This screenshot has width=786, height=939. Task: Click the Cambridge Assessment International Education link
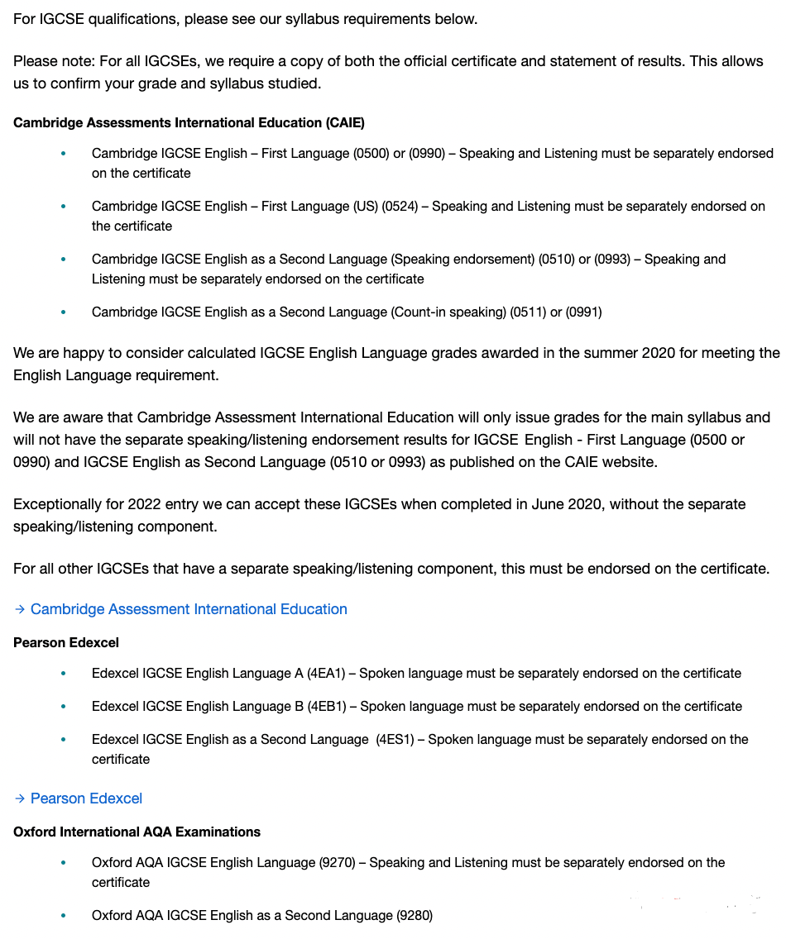pos(189,609)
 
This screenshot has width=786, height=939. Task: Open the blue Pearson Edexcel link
pos(86,798)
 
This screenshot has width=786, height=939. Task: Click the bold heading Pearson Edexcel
pos(66,642)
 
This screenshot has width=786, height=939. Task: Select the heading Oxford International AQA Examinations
pos(137,832)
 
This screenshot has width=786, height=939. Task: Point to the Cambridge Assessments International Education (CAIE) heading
pos(189,122)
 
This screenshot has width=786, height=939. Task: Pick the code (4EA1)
pos(327,673)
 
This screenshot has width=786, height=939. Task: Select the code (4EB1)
pos(327,706)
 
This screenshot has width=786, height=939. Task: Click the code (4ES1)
pos(395,739)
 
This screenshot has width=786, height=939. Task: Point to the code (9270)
pos(337,862)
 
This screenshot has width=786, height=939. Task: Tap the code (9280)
pos(415,915)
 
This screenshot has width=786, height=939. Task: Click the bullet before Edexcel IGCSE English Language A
pos(63,674)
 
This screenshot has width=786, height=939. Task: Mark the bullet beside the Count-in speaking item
pos(63,312)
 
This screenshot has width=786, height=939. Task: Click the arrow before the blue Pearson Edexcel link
pos(20,798)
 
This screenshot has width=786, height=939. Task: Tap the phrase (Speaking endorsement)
pos(462,259)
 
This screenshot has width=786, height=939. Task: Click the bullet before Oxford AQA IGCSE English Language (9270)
pos(63,863)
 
